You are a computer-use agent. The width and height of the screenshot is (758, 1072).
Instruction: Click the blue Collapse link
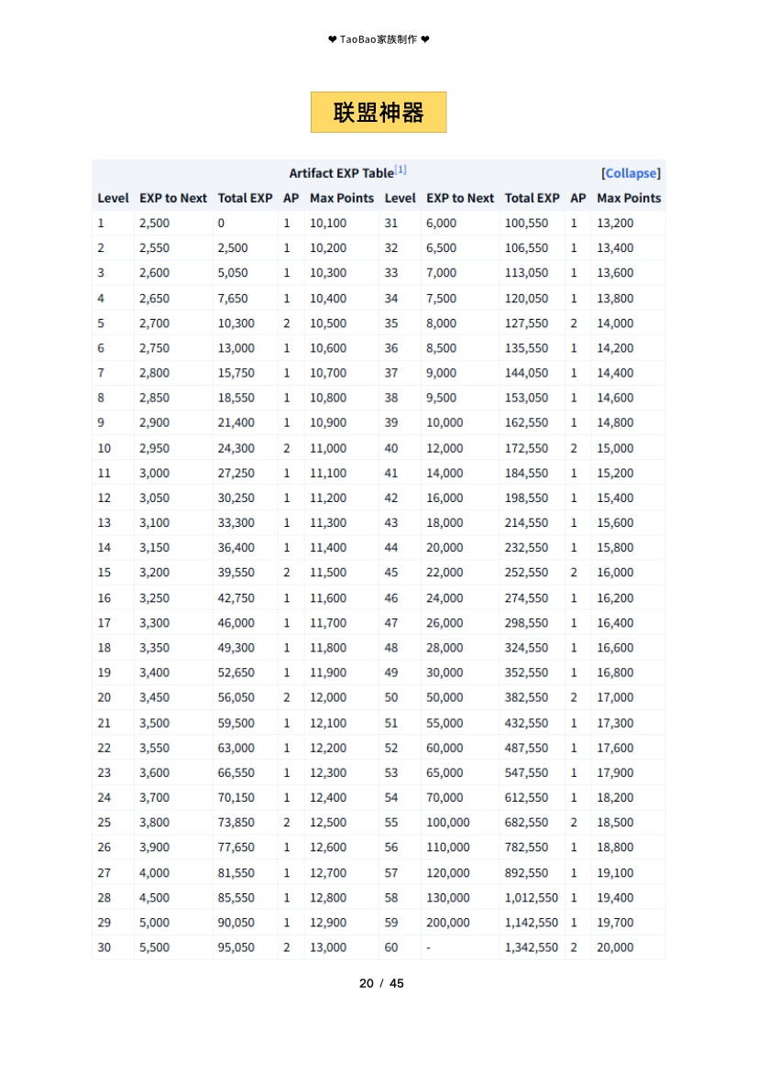[x=631, y=173]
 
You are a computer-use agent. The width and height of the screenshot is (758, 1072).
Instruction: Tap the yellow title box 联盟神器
[x=379, y=113]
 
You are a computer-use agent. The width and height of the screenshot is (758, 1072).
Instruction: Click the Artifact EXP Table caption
[x=341, y=173]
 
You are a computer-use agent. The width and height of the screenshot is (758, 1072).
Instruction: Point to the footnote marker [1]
[x=401, y=170]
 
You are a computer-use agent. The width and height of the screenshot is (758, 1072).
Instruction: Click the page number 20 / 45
[x=381, y=983]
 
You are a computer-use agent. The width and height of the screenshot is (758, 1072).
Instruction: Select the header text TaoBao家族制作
[x=379, y=39]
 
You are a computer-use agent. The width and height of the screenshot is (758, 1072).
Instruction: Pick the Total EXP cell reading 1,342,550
[x=532, y=947]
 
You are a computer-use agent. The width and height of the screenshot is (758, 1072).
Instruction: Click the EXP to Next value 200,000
[x=448, y=923]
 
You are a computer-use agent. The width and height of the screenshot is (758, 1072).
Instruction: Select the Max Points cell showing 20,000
[x=615, y=947]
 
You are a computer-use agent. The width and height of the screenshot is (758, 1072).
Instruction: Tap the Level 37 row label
[x=391, y=373]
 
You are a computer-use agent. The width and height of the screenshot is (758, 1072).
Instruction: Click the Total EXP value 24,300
[x=236, y=448]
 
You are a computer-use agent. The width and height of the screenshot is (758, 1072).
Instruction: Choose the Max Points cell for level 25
[x=328, y=823]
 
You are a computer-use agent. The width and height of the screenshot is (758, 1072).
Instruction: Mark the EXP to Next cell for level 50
[x=445, y=697]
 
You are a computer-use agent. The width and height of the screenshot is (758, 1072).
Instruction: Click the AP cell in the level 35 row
[x=574, y=323]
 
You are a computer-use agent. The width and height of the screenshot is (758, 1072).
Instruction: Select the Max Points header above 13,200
[x=629, y=198]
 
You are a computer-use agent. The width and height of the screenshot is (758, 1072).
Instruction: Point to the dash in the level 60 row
[x=428, y=947]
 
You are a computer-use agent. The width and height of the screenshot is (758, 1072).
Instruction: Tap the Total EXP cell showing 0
[x=221, y=223]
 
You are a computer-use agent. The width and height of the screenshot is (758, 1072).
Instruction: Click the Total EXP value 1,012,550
[x=532, y=898]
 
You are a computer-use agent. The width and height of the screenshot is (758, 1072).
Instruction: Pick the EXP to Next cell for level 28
[x=154, y=898]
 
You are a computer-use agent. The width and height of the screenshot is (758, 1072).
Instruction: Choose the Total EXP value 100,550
[x=526, y=223]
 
